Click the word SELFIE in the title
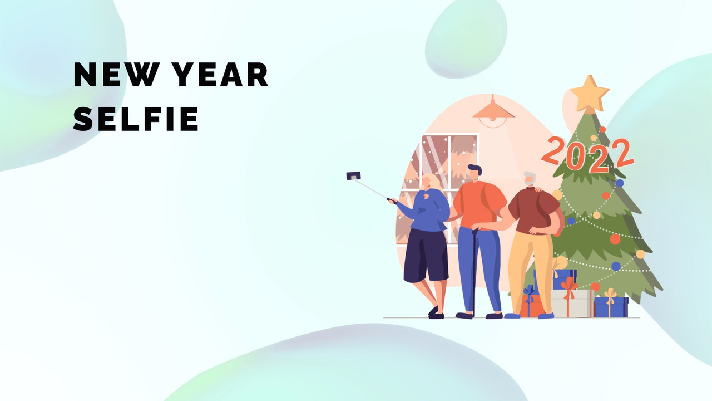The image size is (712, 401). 136,119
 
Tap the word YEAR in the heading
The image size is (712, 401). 220,75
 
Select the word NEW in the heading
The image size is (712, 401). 116,75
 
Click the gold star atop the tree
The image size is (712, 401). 590,93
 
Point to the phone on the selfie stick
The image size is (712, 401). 353,175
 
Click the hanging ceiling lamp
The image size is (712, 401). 493,112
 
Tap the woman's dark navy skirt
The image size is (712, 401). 426,256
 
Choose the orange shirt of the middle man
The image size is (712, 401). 479,204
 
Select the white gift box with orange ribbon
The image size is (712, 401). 572,303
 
